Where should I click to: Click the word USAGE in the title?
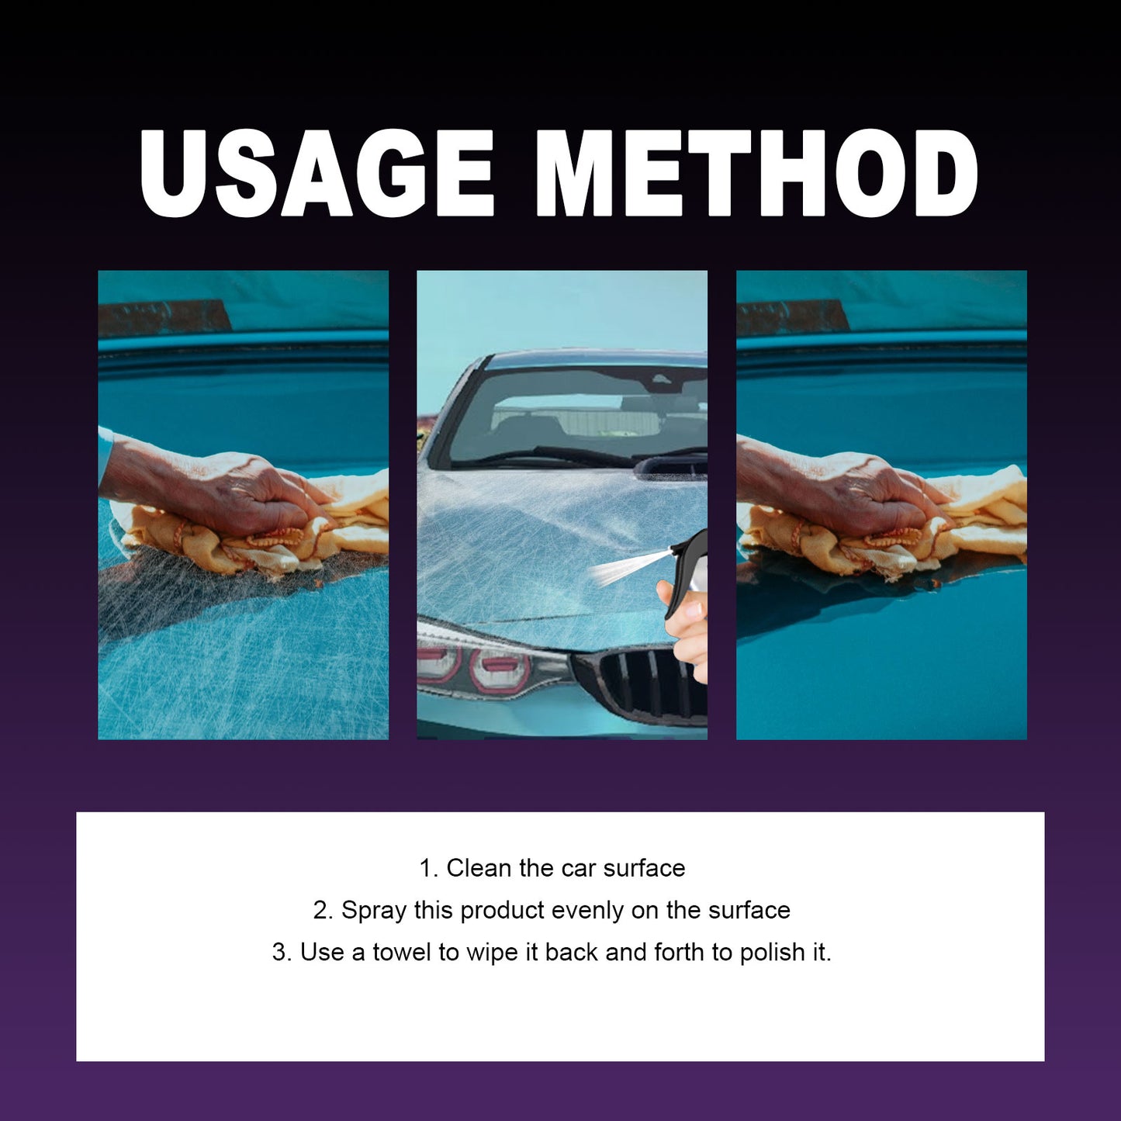coord(317,174)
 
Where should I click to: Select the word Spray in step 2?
coord(374,910)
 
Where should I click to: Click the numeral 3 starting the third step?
coord(279,952)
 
